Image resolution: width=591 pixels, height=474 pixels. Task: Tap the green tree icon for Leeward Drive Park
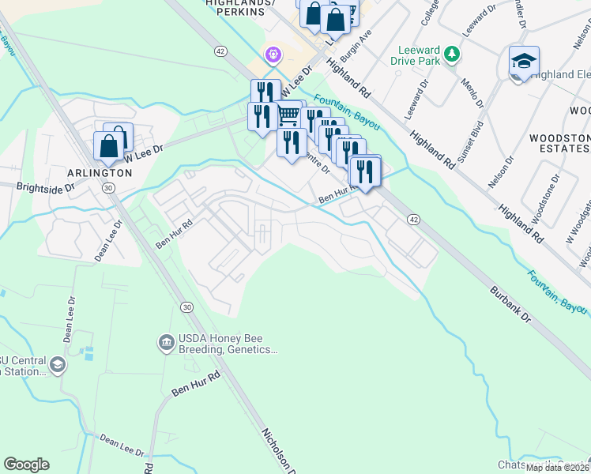451,54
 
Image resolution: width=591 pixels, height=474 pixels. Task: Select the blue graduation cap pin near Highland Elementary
523,63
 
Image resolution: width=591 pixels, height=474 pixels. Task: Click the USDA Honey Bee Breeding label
228,344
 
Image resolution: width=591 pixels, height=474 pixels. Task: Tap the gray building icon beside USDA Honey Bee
167,342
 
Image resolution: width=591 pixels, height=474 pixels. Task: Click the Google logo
26,465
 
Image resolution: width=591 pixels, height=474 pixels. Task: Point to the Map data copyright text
558,468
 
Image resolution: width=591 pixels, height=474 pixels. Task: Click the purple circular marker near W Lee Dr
273,55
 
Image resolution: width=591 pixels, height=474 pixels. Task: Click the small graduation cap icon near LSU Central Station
57,364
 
